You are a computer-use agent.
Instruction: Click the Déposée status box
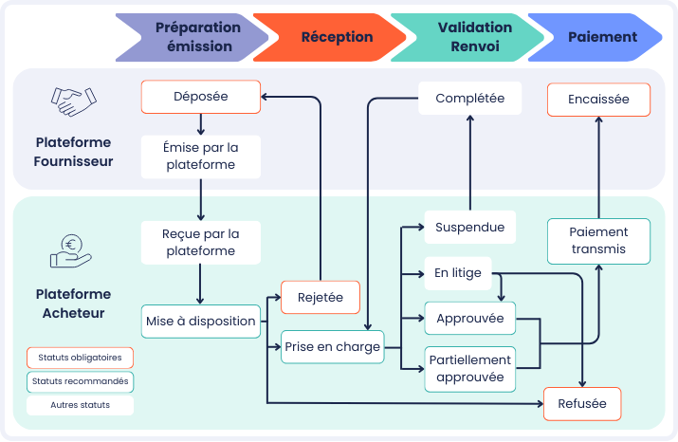(201, 97)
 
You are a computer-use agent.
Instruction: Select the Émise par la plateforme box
(201, 157)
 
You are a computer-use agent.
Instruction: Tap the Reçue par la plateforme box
(201, 243)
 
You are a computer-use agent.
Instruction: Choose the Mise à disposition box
(201, 322)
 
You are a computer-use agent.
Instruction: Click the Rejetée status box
(321, 298)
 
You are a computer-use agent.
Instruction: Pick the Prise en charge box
(333, 347)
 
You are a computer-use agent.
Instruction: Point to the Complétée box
(470, 99)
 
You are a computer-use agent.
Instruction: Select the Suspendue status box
(470, 227)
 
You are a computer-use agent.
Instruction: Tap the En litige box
(458, 273)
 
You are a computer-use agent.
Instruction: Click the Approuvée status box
(470, 319)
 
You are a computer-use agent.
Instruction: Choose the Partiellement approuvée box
(470, 369)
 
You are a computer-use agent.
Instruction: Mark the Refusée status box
(582, 404)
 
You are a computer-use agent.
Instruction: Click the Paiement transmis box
(598, 241)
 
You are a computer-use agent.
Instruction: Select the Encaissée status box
(598, 100)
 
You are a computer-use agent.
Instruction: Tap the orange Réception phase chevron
(329, 37)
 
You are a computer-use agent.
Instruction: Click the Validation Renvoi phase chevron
(467, 37)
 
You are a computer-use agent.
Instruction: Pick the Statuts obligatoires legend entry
(80, 358)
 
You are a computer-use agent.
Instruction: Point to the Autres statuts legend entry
(80, 405)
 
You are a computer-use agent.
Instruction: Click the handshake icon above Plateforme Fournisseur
(74, 102)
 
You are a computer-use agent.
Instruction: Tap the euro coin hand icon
(71, 250)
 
